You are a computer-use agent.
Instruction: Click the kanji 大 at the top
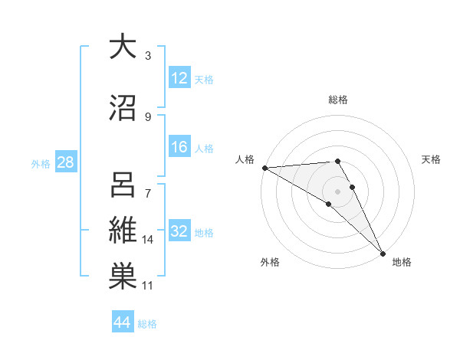122,47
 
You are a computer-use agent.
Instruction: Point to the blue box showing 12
179,78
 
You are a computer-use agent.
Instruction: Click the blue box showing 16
179,148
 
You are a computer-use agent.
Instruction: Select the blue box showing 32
179,232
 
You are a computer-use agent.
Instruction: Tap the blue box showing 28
65,163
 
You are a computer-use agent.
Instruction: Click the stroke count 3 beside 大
147,55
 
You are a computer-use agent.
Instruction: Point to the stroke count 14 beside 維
149,240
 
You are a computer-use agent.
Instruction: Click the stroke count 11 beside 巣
149,286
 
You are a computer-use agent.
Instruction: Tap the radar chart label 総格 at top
337,100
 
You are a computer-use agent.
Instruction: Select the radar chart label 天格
431,159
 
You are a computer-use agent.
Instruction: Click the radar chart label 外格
270,262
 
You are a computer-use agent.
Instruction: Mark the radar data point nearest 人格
264,167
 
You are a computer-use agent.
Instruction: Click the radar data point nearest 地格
383,252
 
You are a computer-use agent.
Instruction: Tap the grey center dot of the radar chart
337,191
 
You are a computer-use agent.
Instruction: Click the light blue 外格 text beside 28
41,164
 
